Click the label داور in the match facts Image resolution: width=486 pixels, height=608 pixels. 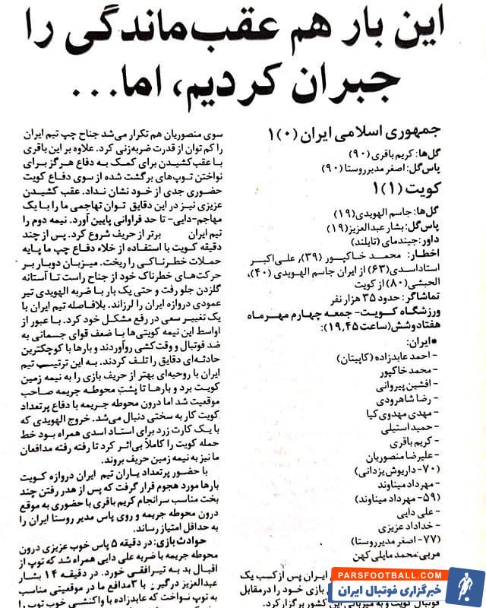tap(458, 239)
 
